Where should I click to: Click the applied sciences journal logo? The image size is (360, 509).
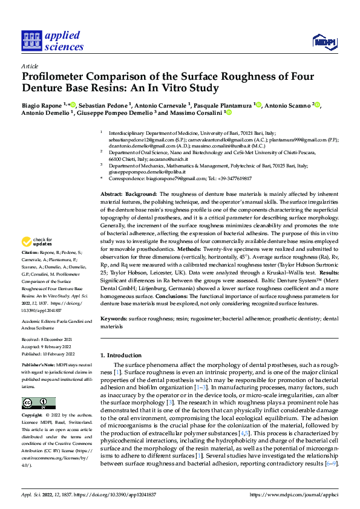click(x=53, y=41)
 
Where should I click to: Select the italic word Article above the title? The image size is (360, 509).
click(x=30, y=66)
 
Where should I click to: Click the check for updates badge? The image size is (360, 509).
click(x=37, y=241)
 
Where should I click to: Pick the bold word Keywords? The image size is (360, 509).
click(x=114, y=318)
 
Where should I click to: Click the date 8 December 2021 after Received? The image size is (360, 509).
click(x=58, y=340)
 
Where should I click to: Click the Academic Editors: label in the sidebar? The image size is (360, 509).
click(x=40, y=322)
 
